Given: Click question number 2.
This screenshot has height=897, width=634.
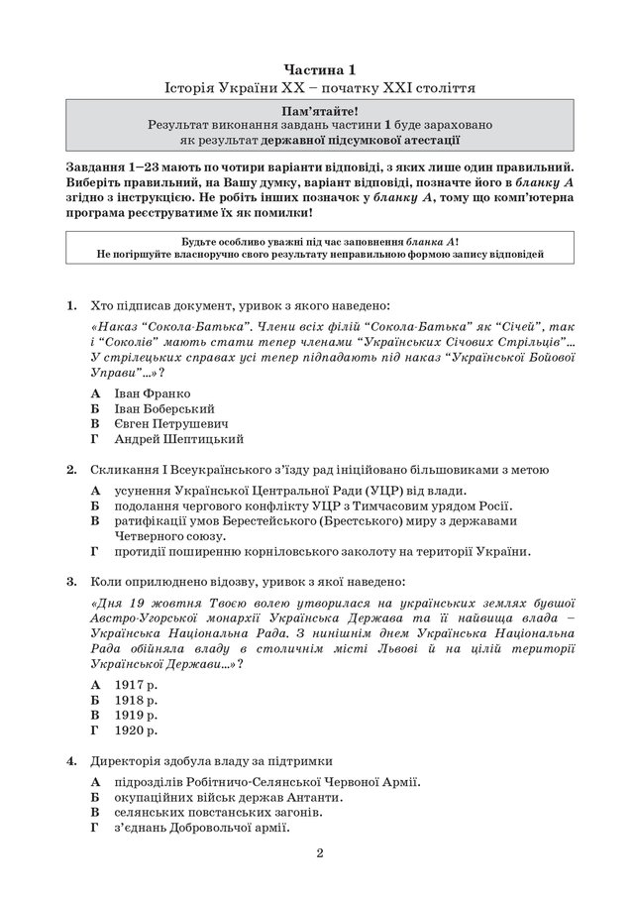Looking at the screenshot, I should [x=71, y=469].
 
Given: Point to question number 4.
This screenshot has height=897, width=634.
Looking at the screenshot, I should [x=71, y=761].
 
